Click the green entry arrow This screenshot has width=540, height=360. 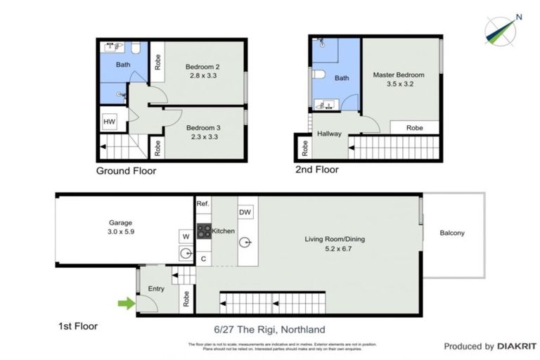click(125, 304)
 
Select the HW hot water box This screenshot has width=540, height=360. click(109, 122)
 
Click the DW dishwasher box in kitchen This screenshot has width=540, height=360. click(245, 212)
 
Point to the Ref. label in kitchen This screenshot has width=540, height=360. click(203, 204)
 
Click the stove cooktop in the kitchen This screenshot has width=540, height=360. click(203, 231)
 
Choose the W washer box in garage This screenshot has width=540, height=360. click(186, 236)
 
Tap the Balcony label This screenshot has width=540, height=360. click(452, 233)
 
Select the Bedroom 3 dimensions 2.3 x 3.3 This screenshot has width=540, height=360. click(203, 138)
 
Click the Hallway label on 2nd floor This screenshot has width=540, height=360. click(329, 134)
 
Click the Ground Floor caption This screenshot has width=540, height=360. click(126, 171)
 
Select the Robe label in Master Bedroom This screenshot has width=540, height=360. click(415, 128)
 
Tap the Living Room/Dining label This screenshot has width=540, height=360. click(335, 239)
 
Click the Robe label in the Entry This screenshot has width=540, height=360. click(186, 299)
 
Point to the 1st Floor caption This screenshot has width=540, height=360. click(78, 326)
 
